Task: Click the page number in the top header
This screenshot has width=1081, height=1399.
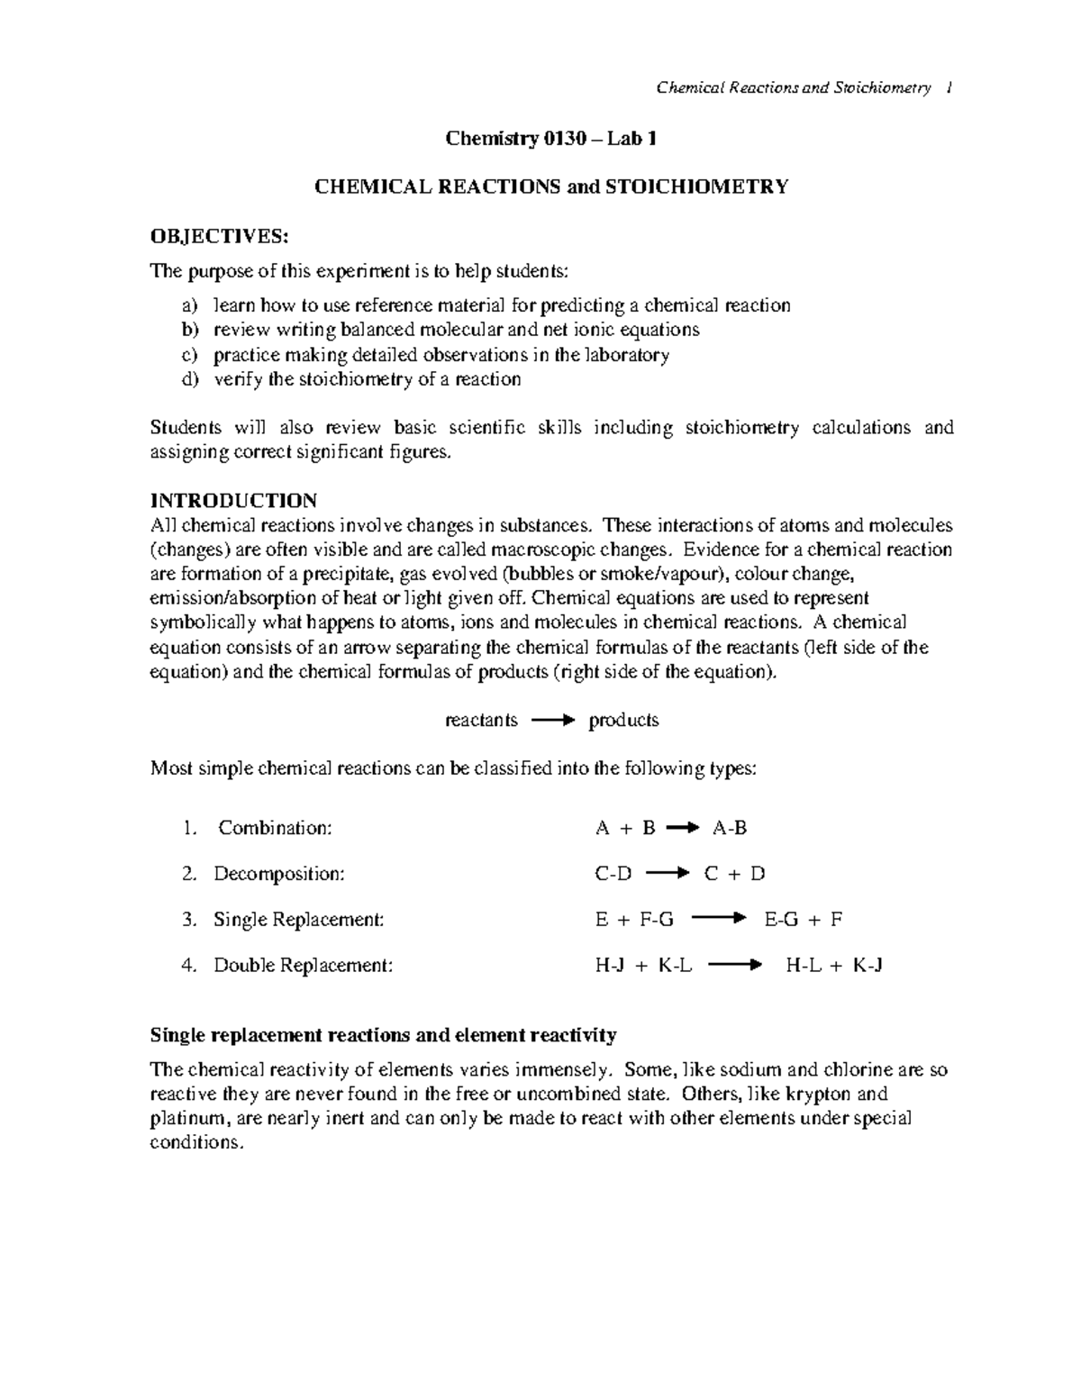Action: click(949, 88)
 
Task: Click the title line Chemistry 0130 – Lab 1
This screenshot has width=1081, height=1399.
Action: click(551, 139)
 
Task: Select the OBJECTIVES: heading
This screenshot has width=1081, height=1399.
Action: click(220, 237)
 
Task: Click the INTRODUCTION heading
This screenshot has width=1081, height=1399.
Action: click(233, 500)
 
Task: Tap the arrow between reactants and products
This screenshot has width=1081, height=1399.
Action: click(552, 721)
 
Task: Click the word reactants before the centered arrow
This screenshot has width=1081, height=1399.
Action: click(482, 721)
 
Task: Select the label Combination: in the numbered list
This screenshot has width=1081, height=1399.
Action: click(275, 828)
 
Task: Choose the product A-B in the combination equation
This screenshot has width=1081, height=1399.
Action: click(730, 828)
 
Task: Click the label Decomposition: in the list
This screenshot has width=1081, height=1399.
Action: click(278, 874)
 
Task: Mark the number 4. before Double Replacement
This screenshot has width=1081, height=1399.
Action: click(188, 966)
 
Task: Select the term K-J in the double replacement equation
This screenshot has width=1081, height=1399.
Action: click(867, 966)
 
